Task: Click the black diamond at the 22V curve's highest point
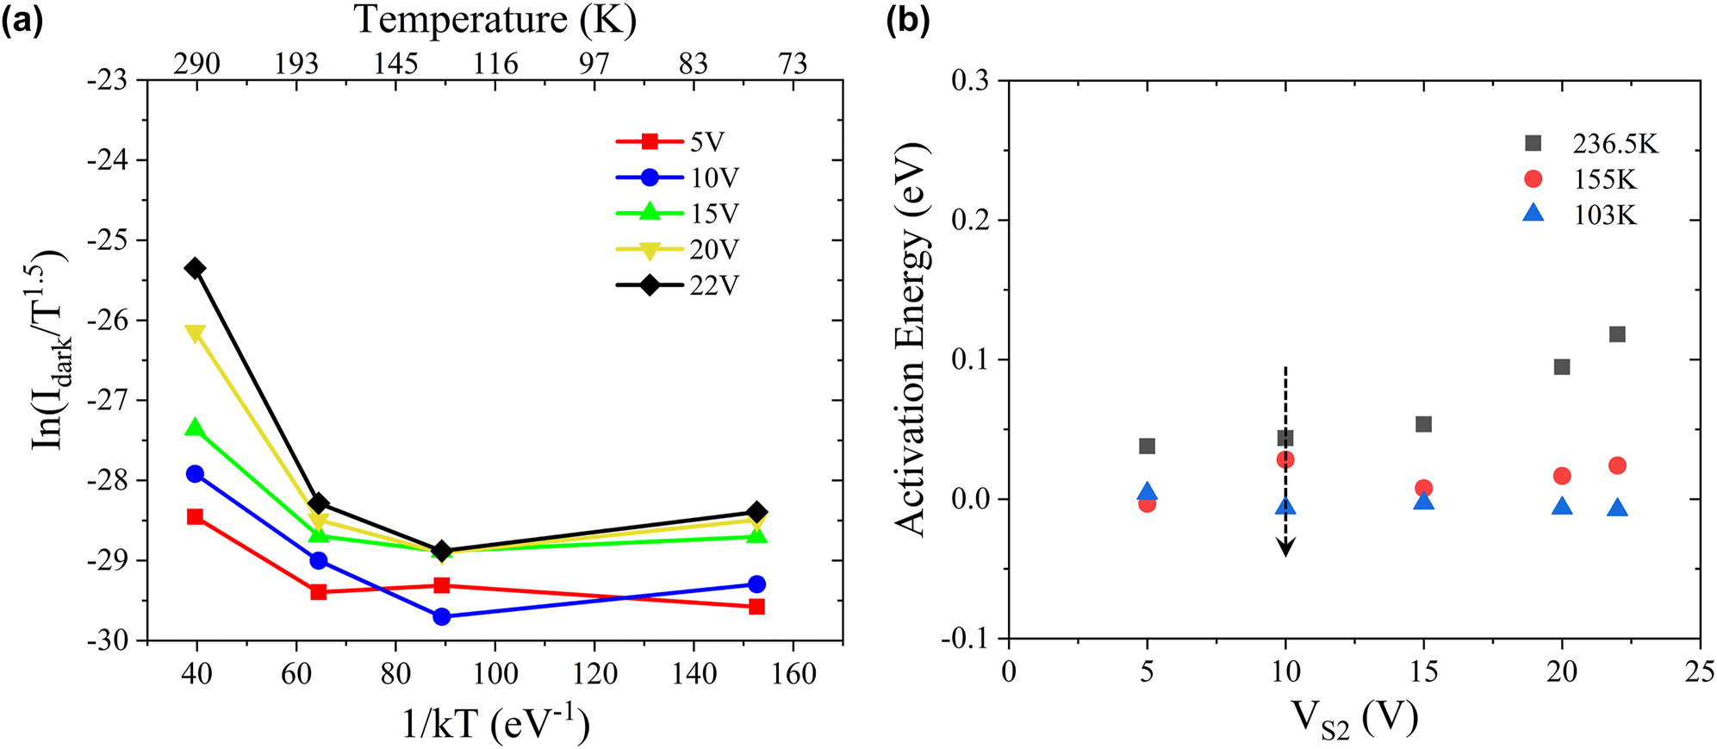click(196, 268)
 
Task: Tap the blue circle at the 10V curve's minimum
click(442, 616)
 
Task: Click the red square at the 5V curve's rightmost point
click(756, 607)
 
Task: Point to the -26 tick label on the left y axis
click(107, 321)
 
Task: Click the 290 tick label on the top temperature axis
click(196, 64)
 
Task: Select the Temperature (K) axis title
click(495, 20)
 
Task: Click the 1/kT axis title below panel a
click(495, 723)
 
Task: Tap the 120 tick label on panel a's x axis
click(594, 672)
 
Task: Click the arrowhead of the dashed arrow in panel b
click(1285, 548)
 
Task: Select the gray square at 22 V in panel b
click(1617, 334)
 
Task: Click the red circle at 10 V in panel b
click(1285, 459)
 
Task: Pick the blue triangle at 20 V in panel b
click(1562, 506)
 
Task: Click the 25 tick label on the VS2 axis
click(1700, 671)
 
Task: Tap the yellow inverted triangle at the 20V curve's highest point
click(196, 333)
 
